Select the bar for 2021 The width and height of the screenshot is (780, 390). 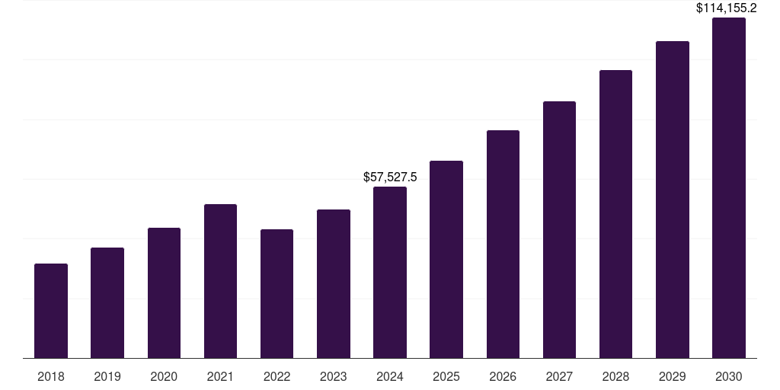click(x=220, y=281)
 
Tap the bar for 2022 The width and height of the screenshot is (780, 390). click(x=277, y=293)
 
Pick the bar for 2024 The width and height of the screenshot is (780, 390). click(x=390, y=272)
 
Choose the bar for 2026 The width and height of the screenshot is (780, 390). click(x=503, y=244)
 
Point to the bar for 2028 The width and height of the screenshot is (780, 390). click(x=615, y=214)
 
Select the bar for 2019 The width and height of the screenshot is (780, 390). click(x=107, y=302)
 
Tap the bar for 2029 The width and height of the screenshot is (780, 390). click(x=673, y=200)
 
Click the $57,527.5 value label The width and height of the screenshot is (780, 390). click(x=390, y=177)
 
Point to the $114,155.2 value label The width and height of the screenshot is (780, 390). click(x=726, y=8)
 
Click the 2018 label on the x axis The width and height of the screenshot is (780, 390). click(x=51, y=376)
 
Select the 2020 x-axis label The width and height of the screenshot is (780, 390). click(x=164, y=376)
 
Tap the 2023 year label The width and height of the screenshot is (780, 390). click(x=334, y=376)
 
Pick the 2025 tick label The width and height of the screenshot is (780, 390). click(x=446, y=376)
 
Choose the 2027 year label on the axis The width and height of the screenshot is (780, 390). click(x=559, y=376)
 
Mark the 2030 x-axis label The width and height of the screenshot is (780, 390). click(x=729, y=376)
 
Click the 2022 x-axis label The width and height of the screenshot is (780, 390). click(x=277, y=376)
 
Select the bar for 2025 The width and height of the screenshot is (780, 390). click(x=446, y=259)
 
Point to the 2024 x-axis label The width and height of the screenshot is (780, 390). click(x=390, y=376)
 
